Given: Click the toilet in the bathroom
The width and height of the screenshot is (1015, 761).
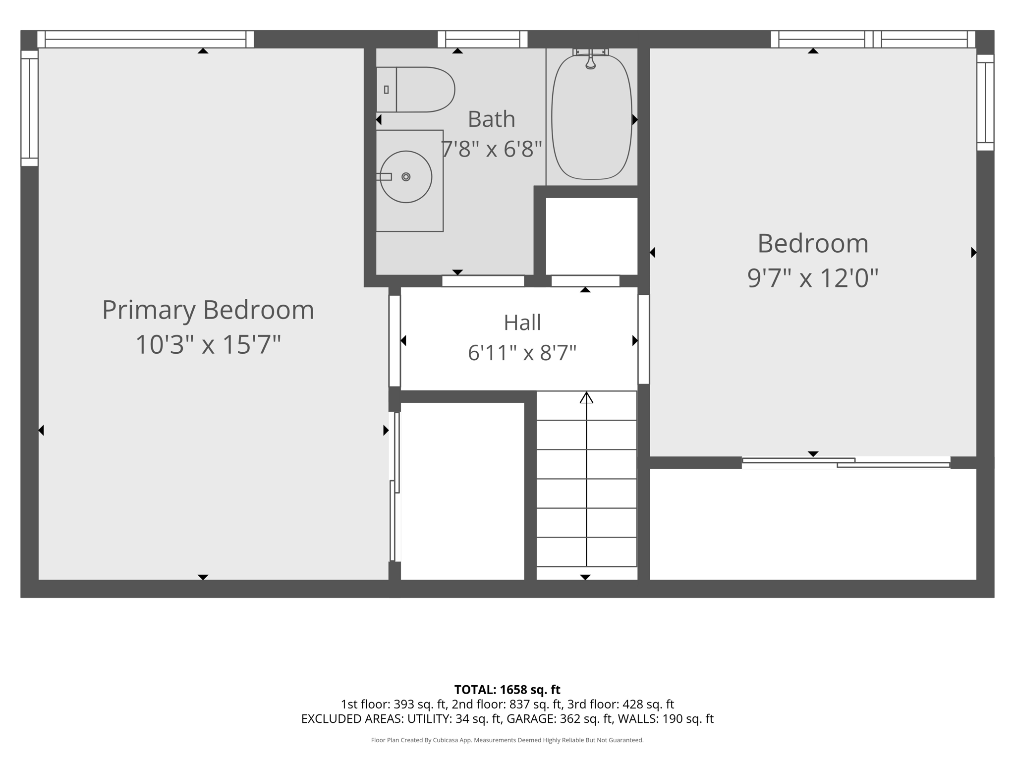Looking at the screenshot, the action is pos(415,90).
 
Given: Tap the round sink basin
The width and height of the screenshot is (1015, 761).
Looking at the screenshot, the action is pos(406,177).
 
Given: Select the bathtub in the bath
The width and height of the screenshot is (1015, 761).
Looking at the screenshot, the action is pos(592,117).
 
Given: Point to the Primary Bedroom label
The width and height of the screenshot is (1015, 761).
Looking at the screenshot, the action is pos(208,310).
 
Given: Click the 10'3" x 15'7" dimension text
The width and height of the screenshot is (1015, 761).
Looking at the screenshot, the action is pos(208,344).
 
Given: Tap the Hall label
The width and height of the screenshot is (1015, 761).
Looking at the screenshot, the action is pos(522,323).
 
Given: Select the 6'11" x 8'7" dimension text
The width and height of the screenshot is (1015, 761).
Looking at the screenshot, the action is pos(522,353).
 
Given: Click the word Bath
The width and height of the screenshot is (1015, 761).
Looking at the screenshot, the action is pos(492,119).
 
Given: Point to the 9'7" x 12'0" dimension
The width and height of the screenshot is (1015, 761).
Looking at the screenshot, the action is pos(813,278).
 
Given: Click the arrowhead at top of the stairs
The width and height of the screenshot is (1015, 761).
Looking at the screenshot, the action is pos(586,397).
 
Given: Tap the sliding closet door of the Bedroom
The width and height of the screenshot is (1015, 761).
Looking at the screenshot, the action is pos(846,463).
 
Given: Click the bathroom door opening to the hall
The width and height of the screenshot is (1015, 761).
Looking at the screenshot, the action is pos(483,281).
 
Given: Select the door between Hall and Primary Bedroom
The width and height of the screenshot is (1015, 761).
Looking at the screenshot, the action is pos(395,341).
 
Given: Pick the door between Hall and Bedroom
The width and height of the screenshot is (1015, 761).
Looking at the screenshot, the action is pos(643,339).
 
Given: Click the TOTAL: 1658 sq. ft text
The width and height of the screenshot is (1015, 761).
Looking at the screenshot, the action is pos(507,690).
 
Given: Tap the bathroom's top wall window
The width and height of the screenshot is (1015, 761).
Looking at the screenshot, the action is pos(482,39).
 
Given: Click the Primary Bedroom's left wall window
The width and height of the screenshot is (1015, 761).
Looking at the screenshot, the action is pos(29,108).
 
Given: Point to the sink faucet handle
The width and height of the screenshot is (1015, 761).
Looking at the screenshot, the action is pos(384,177).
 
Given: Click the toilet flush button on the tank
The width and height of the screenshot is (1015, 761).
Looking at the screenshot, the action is pos(386,90).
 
